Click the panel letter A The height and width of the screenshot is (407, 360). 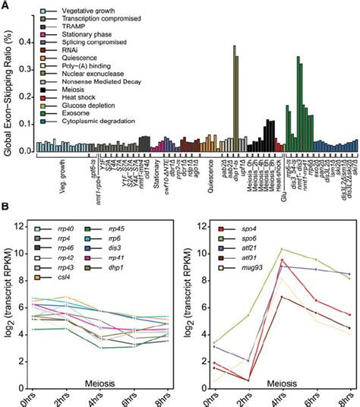point(6,6)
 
